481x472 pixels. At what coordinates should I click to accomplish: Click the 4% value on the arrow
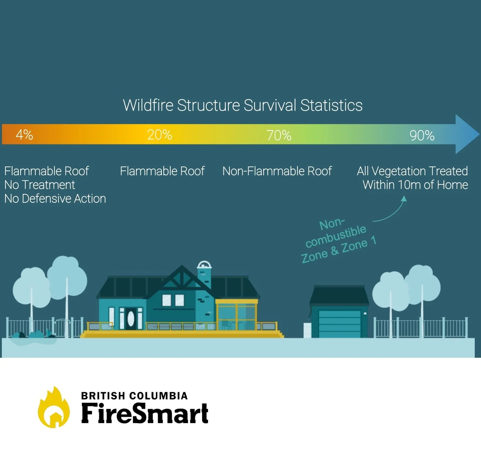(x=24, y=135)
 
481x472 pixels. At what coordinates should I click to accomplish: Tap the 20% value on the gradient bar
(x=160, y=135)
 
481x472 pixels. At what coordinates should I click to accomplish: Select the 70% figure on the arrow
(x=279, y=136)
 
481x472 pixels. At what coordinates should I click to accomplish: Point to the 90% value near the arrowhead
(x=422, y=136)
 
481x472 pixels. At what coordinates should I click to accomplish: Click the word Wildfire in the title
(x=148, y=105)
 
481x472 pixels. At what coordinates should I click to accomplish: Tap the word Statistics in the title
(x=331, y=105)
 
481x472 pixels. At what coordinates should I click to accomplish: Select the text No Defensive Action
(x=55, y=199)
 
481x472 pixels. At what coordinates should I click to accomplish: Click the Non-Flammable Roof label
(x=277, y=171)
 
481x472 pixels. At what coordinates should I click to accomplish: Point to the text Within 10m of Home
(x=415, y=185)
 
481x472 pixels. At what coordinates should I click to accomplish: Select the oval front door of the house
(x=131, y=318)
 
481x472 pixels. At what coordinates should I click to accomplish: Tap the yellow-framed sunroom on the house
(x=236, y=315)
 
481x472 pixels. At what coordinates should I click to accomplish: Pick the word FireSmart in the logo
(x=145, y=413)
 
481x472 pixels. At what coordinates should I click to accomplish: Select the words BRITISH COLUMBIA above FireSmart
(x=134, y=396)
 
